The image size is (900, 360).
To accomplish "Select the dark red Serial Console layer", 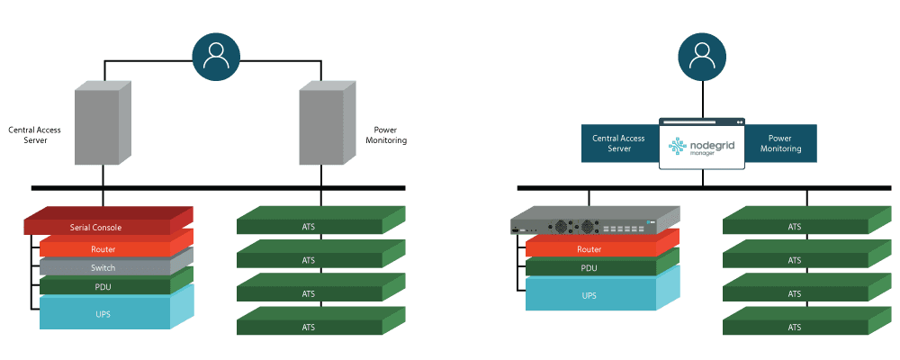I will coord(96,227).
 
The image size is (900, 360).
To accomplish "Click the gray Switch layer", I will coord(103,268).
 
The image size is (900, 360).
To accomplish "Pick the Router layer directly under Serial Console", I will coord(103,249).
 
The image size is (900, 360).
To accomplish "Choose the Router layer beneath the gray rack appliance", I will coord(589,249).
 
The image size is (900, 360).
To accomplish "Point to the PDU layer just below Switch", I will coord(103,287).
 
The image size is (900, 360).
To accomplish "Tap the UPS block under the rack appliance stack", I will coord(589,294).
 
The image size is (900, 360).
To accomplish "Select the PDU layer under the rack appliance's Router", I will coord(589,268).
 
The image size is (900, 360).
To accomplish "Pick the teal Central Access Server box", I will coord(618,144).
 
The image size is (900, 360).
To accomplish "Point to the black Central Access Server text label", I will coord(34,135).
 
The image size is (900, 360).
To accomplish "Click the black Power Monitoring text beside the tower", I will coord(385,135).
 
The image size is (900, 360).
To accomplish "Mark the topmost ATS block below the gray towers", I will coord(309,226).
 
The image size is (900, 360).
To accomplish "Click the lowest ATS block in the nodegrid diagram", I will coord(794,327).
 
